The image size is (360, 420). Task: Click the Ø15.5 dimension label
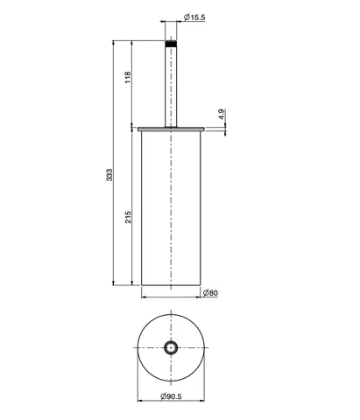coord(194,17)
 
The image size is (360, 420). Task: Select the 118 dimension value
coord(128,77)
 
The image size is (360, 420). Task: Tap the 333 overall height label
coord(109,175)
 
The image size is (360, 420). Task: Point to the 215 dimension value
coord(128,217)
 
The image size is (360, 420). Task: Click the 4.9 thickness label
coord(222,114)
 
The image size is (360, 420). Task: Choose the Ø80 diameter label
coord(210,292)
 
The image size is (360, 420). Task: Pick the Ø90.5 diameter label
coord(171,396)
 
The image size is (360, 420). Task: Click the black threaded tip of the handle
coord(171,44)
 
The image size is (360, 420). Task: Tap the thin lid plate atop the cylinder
coord(171,129)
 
